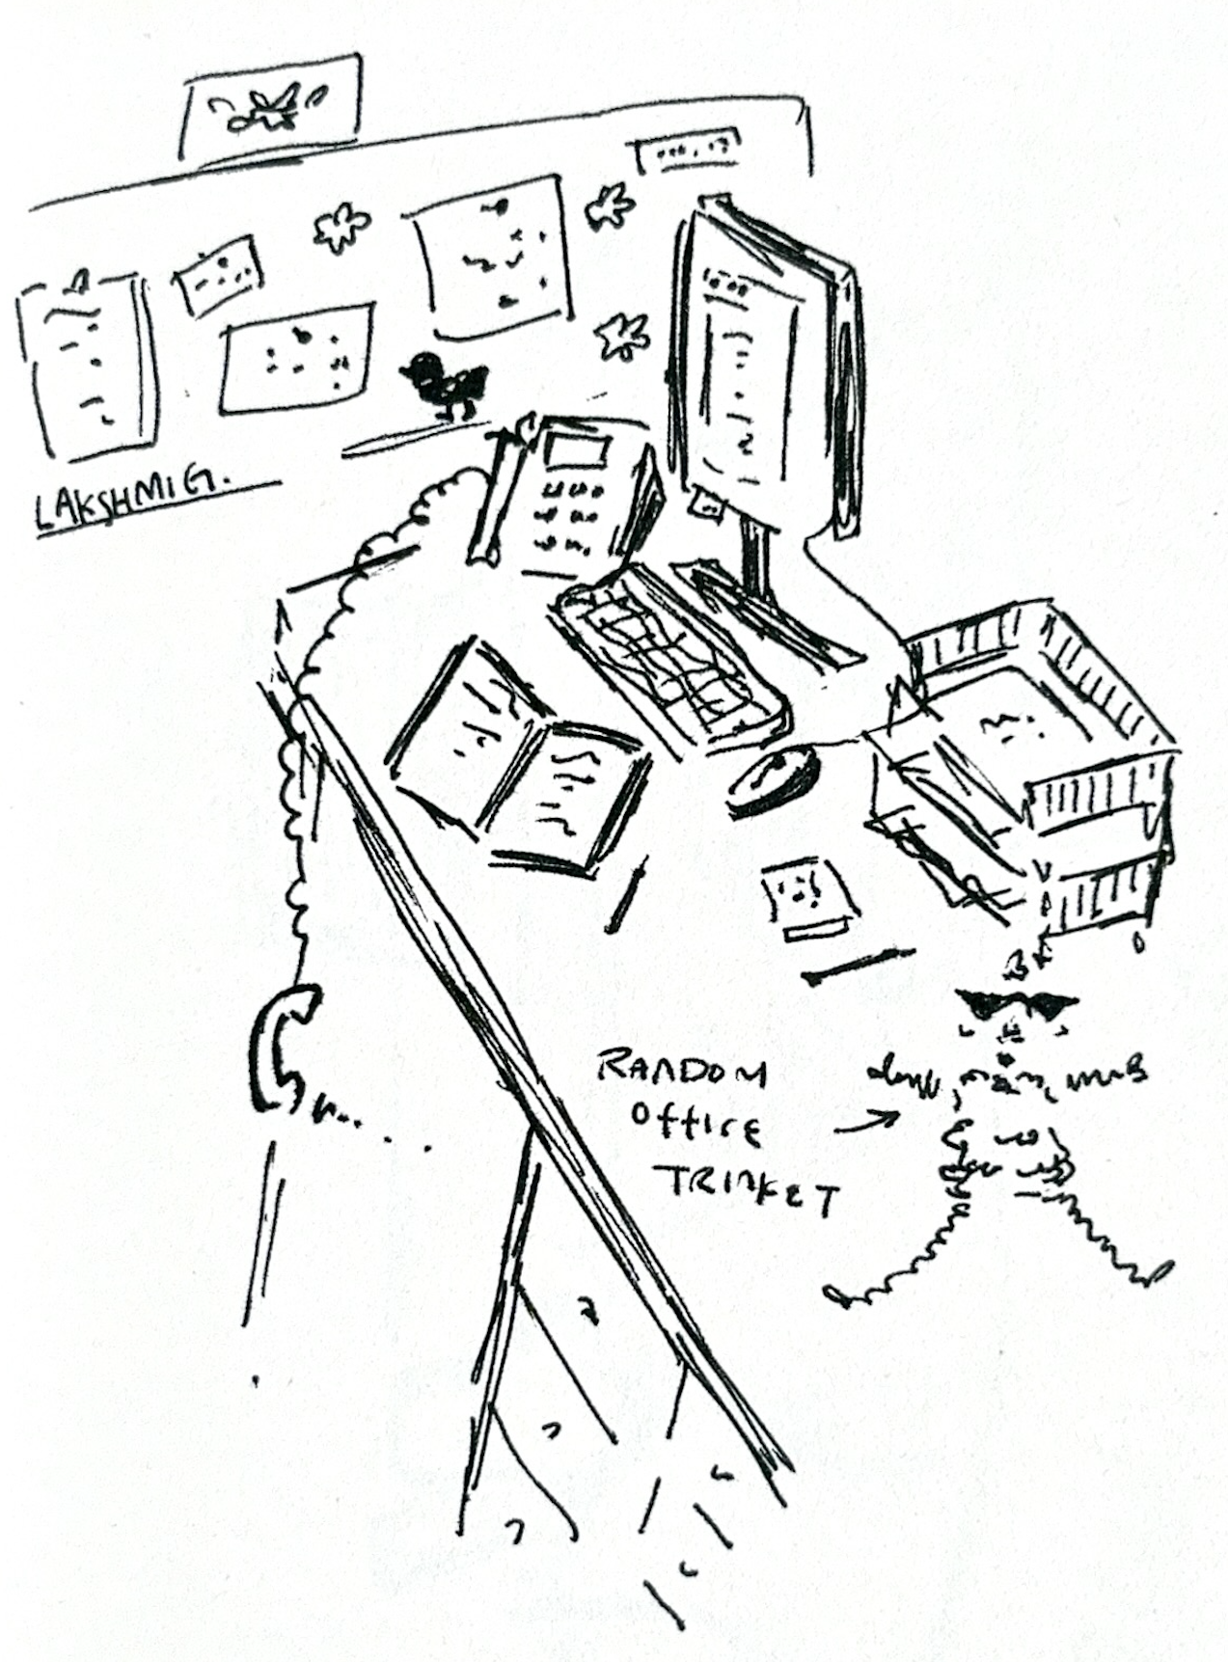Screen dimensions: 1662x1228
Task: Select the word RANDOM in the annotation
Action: [680, 1069]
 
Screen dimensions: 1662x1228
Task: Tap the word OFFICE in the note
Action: [695, 1124]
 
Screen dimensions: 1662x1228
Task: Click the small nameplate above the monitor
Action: [687, 151]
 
